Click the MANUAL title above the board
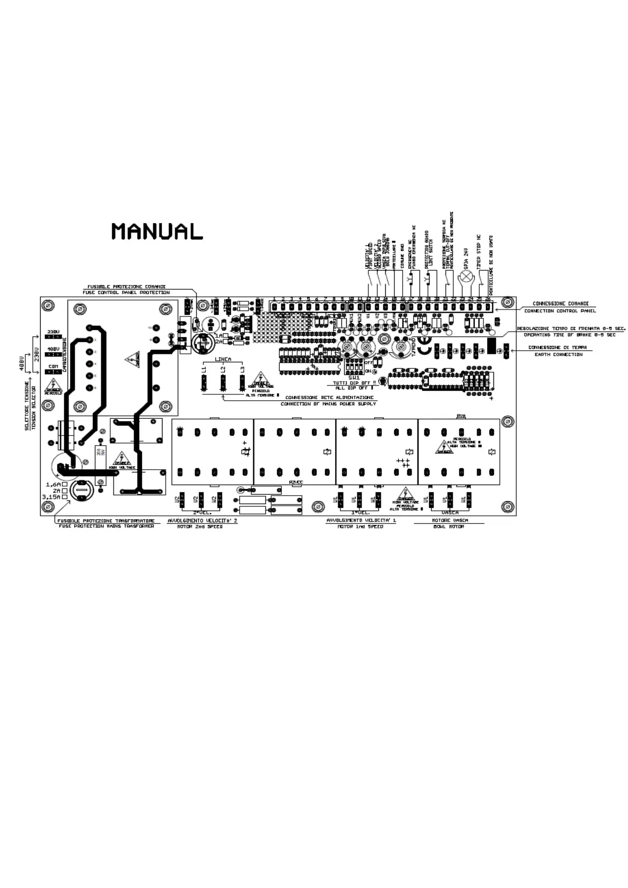[157, 231]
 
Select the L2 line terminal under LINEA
[223, 382]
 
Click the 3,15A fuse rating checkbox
[64, 497]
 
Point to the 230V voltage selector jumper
[52, 336]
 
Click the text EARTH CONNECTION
[558, 354]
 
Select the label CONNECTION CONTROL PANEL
[560, 311]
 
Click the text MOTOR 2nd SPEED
[199, 526]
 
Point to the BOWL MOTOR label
[448, 526]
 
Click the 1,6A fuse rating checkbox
[64, 484]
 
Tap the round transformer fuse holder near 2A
[82, 490]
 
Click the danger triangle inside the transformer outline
[132, 360]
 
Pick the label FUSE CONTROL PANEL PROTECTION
[126, 292]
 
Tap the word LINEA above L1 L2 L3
[223, 360]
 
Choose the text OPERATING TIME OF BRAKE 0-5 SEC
[569, 335]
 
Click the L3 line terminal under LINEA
[242, 382]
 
